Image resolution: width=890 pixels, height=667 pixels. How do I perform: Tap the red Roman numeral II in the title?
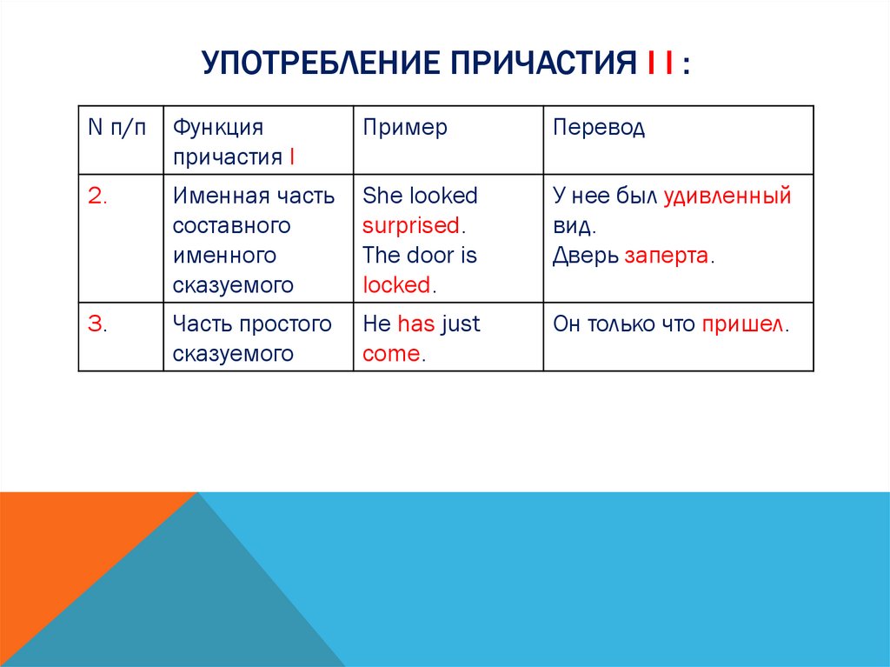click(x=661, y=65)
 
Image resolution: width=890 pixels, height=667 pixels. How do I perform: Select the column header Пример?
click(x=405, y=128)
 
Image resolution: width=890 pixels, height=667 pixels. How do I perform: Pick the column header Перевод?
click(x=599, y=128)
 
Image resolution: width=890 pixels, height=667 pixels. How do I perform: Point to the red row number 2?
click(x=96, y=196)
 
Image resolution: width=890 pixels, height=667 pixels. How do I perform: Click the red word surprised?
click(x=411, y=225)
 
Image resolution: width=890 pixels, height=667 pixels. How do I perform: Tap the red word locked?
click(x=396, y=284)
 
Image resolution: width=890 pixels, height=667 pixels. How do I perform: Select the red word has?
click(x=415, y=324)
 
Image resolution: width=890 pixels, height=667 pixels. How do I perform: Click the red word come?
click(x=391, y=354)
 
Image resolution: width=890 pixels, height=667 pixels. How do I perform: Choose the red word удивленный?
click(x=727, y=196)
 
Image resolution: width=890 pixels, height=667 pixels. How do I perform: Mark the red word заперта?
click(x=666, y=256)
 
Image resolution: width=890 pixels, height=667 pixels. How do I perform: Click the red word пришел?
click(x=741, y=324)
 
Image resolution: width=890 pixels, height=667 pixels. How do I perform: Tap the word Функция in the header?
click(x=217, y=128)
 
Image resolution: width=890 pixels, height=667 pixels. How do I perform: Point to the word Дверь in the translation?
click(x=585, y=256)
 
